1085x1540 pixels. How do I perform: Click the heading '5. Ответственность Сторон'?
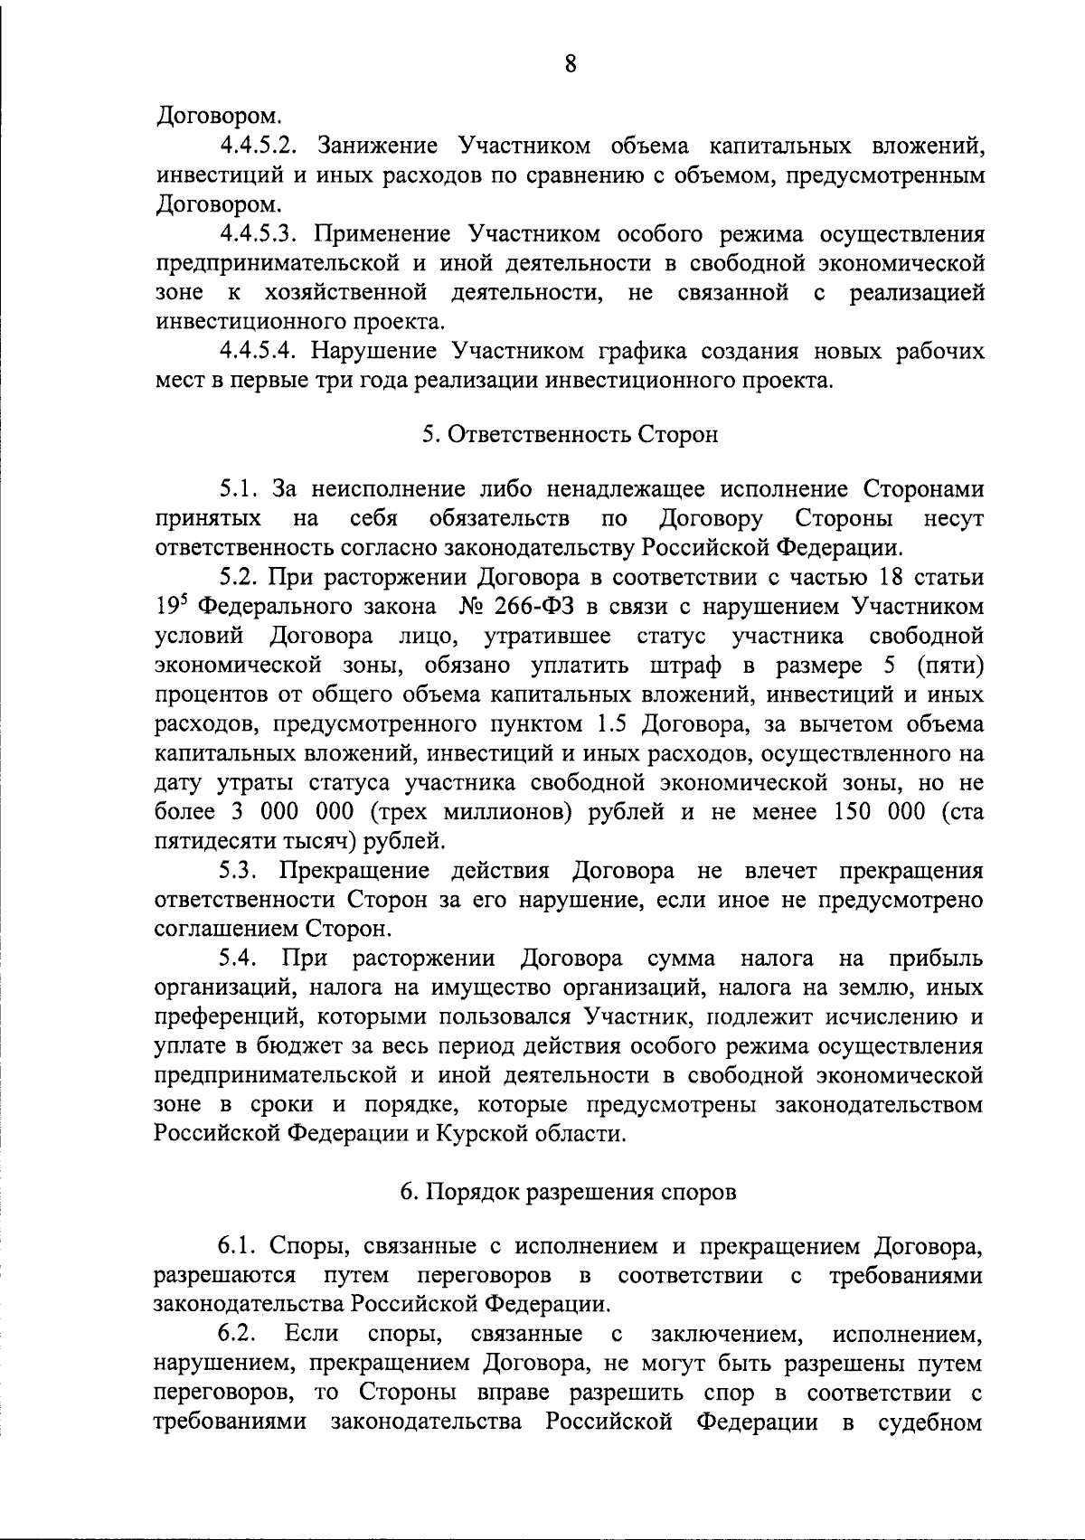(570, 434)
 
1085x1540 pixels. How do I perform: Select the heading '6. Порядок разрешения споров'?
(569, 1191)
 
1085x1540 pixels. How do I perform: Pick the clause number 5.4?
(241, 959)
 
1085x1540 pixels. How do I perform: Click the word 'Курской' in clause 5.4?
(486, 1134)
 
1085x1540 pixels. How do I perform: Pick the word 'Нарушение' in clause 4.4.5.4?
(373, 351)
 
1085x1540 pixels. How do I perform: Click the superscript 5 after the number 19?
(187, 599)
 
